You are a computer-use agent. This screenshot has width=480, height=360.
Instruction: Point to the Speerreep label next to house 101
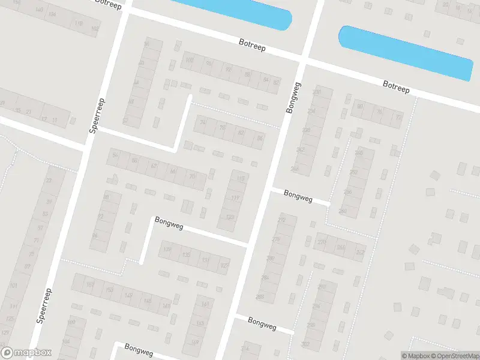point(45,306)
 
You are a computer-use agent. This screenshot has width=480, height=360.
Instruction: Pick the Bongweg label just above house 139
point(169,221)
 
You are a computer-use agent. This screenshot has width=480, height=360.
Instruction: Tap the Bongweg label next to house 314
point(262,323)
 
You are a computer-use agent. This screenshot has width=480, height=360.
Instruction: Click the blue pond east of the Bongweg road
point(406,52)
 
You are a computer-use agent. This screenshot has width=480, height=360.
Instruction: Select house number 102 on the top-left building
point(95,28)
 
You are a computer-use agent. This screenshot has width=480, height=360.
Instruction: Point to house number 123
point(230,217)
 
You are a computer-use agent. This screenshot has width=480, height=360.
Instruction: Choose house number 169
point(195,343)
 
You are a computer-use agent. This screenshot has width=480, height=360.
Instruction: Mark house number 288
point(260,296)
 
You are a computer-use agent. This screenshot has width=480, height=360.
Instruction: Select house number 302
point(305,344)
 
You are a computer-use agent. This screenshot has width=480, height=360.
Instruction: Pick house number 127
point(224,265)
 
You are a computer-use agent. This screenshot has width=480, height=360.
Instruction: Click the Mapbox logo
point(26,353)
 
